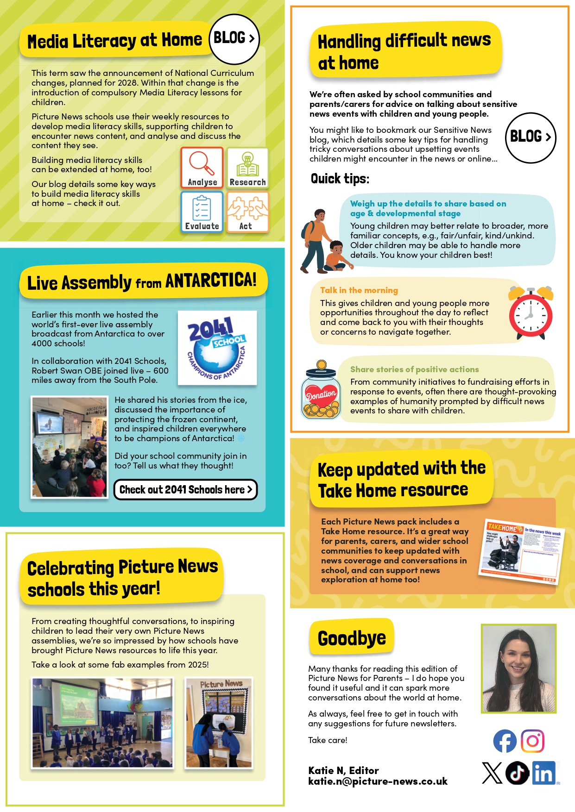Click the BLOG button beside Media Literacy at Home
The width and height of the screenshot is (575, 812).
(x=234, y=39)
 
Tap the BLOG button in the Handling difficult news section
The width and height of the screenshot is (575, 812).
(x=530, y=137)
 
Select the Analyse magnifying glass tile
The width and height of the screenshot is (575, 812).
(x=202, y=168)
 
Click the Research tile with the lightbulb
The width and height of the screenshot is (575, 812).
(x=247, y=168)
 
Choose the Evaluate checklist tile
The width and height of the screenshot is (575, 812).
(x=202, y=212)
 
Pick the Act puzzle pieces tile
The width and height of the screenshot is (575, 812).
(x=247, y=212)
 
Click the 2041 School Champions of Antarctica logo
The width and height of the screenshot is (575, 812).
(x=217, y=347)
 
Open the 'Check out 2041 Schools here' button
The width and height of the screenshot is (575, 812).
(x=185, y=489)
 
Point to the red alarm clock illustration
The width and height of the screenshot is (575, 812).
(x=531, y=313)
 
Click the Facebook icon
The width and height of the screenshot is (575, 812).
(x=505, y=741)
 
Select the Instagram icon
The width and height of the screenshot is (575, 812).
(x=533, y=741)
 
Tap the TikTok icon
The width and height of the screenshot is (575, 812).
(x=517, y=773)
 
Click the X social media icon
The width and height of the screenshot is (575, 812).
(x=492, y=773)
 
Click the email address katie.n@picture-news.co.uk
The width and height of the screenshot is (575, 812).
(x=378, y=781)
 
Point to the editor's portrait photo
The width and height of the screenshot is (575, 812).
(x=518, y=668)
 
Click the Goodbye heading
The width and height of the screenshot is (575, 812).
(x=352, y=638)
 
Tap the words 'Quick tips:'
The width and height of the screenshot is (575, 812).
(x=340, y=179)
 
